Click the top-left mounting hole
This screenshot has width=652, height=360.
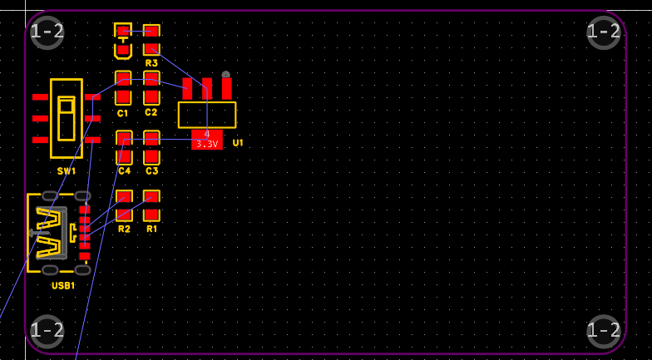pos(47,32)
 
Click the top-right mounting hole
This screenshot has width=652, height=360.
pos(604,32)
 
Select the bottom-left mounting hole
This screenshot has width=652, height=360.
pos(47,330)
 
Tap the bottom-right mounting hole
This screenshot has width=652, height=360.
pos(604,330)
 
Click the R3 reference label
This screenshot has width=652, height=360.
pos(151,63)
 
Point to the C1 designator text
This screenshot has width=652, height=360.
pos(123,113)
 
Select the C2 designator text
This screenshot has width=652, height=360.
pos(151,112)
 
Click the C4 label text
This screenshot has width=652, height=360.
pos(124,170)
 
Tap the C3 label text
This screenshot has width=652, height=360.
pos(151,170)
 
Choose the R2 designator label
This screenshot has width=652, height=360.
pos(124,229)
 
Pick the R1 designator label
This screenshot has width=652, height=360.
pos(151,229)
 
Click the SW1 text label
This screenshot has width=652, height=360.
pos(67,171)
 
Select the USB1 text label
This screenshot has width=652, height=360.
pos(63,285)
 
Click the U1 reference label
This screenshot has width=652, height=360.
pos(238,143)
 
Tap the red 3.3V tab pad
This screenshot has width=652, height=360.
pos(206,139)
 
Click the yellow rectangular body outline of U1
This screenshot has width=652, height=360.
pos(207,115)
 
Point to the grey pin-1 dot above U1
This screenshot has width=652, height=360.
pos(225,75)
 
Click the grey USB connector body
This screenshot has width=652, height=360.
pos(51,233)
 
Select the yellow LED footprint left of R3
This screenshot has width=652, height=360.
pos(123,41)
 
